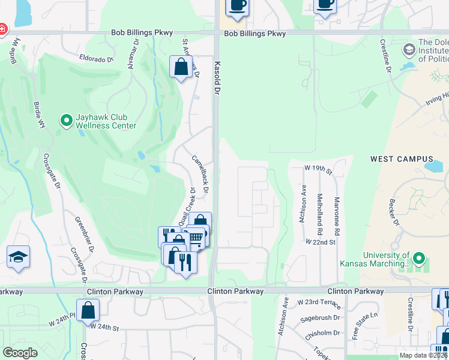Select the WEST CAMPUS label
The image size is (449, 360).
(394, 159)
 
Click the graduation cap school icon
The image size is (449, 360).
(19, 257)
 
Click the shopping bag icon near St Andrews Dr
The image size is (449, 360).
(181, 67)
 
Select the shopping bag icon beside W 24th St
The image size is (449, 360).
(88, 311)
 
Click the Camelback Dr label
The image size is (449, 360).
(200, 174)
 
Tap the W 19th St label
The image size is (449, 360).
(319, 170)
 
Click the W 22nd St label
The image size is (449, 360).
(319, 241)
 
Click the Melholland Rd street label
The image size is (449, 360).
(321, 215)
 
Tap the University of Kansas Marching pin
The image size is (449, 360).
(419, 259)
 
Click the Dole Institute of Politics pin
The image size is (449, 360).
(409, 49)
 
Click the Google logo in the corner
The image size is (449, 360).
(20, 353)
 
